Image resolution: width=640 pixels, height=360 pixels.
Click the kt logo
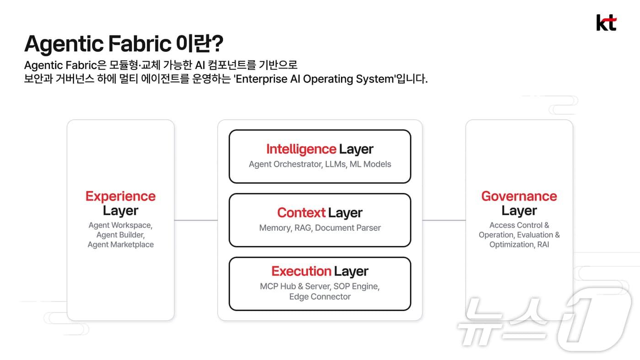(606, 22)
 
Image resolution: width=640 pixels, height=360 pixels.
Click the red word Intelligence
(301, 149)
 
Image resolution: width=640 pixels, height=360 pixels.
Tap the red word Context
(301, 213)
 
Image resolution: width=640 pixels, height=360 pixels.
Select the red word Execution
(301, 271)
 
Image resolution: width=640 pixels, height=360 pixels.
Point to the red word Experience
(121, 196)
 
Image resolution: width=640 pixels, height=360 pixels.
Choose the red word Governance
(519, 196)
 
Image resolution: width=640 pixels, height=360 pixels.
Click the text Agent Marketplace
(121, 245)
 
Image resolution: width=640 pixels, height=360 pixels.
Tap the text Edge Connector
(320, 296)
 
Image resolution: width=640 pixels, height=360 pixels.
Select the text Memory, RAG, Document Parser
(320, 228)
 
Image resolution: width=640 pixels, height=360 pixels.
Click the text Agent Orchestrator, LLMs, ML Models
(320, 164)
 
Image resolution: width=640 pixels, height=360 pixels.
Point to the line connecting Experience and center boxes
(196, 220)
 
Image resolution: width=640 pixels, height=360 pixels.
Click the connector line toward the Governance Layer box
(444, 220)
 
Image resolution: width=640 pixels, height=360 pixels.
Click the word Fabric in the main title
(140, 43)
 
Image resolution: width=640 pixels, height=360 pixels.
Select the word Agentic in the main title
(64, 44)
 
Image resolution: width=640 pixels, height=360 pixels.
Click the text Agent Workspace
(121, 225)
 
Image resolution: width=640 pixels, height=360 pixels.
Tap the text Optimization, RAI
(519, 245)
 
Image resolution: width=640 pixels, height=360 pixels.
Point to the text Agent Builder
(121, 235)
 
